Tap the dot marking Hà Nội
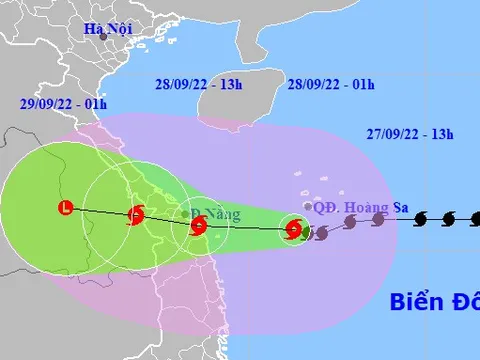click(x=88, y=36)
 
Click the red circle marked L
click(x=66, y=208)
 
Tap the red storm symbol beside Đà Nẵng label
click(x=198, y=226)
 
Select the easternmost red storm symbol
click(x=293, y=230)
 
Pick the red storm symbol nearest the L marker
click(x=136, y=214)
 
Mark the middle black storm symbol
click(x=446, y=217)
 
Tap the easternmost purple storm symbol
click(x=379, y=219)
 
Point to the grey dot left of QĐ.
click(x=307, y=207)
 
